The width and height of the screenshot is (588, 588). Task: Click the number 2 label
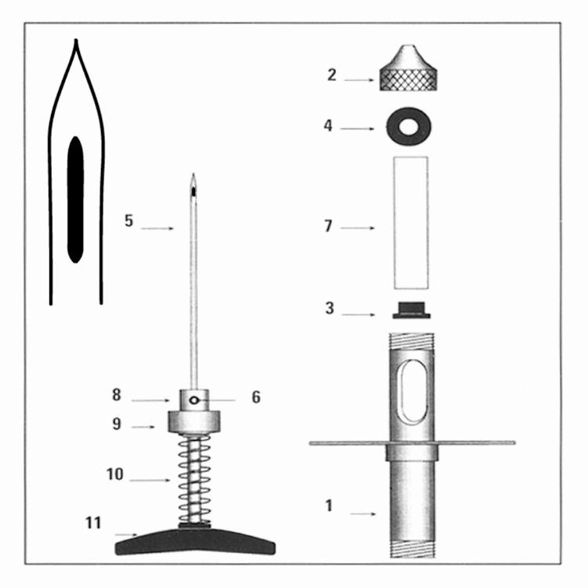[x=331, y=75]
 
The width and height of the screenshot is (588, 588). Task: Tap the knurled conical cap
[x=408, y=68]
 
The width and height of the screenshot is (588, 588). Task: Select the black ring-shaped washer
[x=408, y=126]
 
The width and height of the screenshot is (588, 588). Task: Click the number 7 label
[x=328, y=226]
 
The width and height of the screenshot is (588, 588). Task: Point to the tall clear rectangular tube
[x=411, y=223]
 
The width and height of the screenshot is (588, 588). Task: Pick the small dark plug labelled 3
[x=412, y=310]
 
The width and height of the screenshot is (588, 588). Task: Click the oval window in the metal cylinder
[x=412, y=391]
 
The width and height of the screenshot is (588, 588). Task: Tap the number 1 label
[x=328, y=506]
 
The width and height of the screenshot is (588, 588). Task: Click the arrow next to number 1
[x=363, y=514]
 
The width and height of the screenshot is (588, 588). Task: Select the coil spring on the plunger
[x=194, y=479]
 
